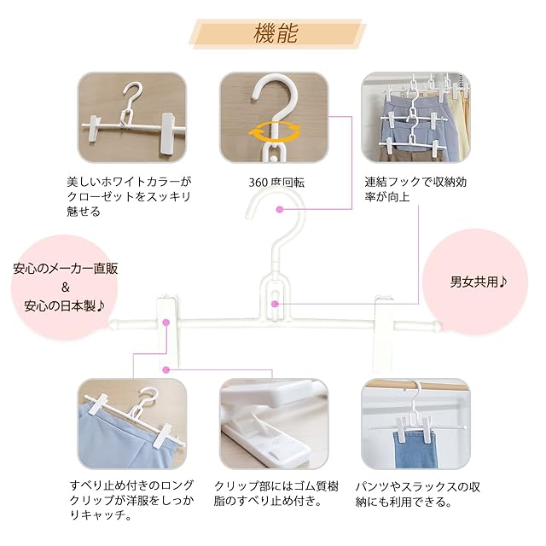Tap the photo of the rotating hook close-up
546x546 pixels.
(273, 119)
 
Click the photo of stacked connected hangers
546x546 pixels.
(415, 119)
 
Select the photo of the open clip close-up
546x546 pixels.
(273, 425)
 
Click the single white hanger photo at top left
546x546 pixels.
(131, 119)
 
